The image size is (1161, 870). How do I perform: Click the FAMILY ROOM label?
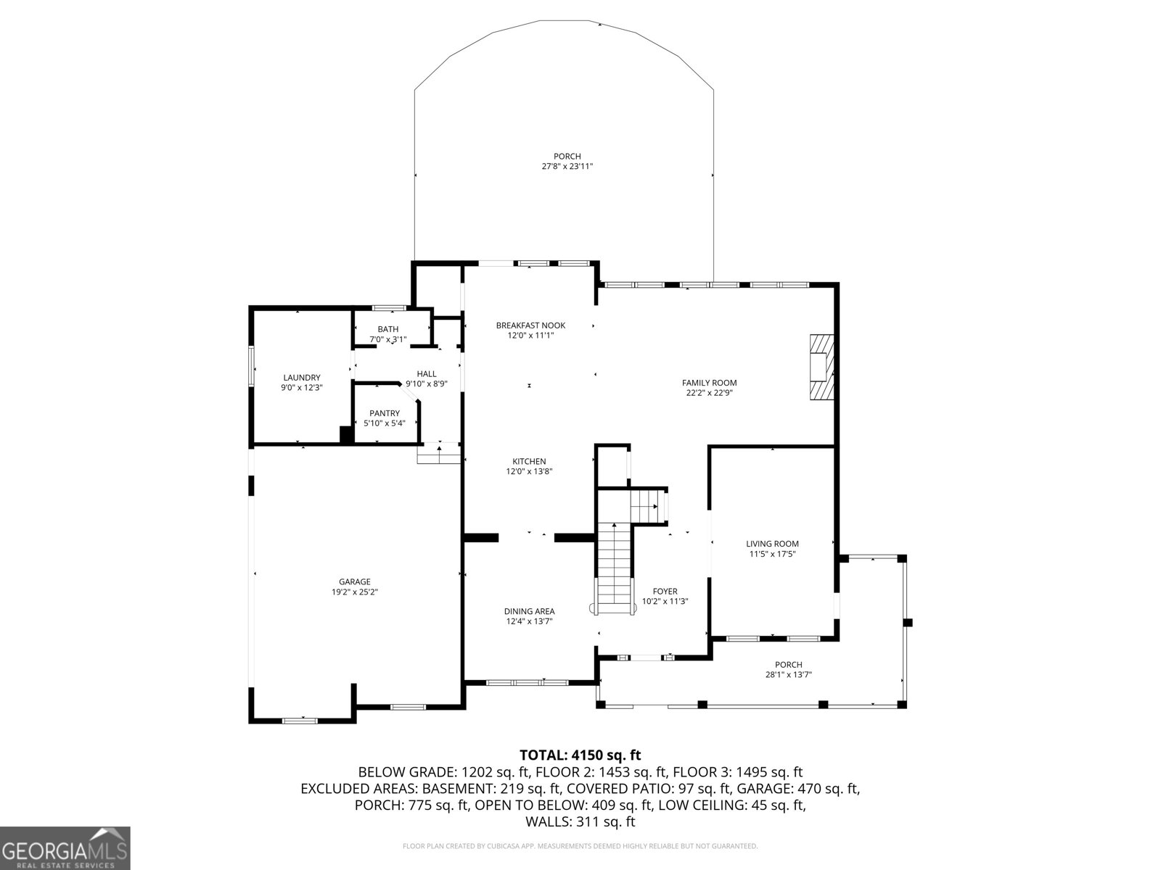point(709,383)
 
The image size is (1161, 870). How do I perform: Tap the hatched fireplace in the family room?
point(822,367)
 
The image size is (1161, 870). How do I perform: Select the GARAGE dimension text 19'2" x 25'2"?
point(355,592)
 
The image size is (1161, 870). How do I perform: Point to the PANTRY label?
point(384,413)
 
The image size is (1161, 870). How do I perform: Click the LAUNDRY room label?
point(301,378)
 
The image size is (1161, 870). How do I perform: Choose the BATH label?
point(387,329)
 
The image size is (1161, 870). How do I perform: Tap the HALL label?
point(426,374)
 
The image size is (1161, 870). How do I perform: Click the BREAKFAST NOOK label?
point(530,326)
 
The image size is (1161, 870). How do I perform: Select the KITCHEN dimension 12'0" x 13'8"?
point(529,471)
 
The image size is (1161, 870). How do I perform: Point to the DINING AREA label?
point(530,611)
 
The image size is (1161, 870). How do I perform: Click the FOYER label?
point(665,592)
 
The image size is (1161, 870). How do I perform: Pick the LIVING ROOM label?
point(772,544)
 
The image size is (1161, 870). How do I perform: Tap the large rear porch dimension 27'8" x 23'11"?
point(567,166)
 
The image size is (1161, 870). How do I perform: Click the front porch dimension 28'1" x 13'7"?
point(788,674)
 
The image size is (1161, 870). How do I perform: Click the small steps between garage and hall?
point(439,455)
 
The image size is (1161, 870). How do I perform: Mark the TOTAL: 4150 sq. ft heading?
point(580,755)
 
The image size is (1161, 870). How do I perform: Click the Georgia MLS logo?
point(65,848)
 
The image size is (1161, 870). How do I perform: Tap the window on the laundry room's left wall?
point(252,365)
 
